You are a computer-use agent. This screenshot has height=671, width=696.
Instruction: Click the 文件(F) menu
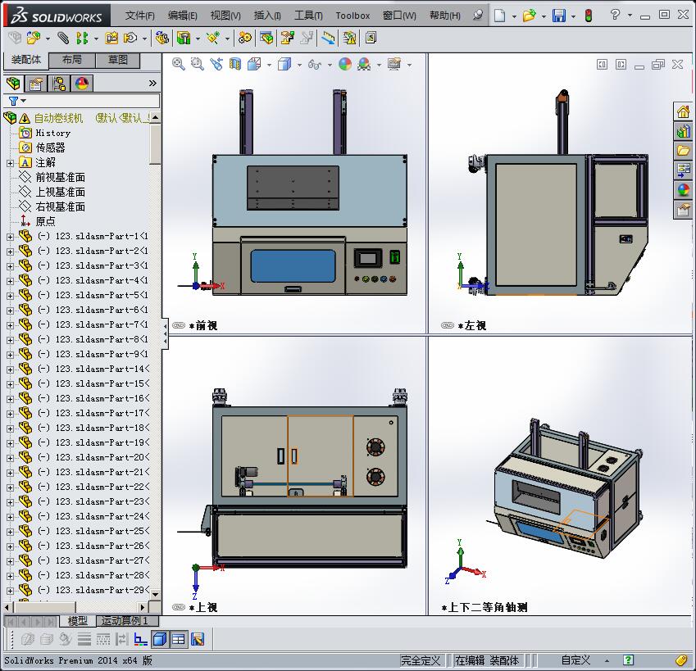tap(139, 16)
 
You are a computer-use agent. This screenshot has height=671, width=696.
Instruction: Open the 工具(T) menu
tap(308, 16)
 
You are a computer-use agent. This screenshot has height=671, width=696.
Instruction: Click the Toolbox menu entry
tap(353, 16)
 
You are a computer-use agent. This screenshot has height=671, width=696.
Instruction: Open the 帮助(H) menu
tap(445, 16)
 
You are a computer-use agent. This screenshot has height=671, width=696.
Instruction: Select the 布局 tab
tap(72, 60)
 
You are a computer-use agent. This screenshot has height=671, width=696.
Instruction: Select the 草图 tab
tap(118, 60)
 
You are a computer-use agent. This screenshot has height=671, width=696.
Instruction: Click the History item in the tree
tap(52, 133)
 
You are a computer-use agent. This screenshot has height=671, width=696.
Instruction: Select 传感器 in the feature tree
tap(50, 147)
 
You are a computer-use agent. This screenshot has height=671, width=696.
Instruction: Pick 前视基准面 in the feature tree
tap(60, 177)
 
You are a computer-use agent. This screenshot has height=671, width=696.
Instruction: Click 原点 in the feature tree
tap(45, 221)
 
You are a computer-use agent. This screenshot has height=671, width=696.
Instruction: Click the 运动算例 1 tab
tap(124, 621)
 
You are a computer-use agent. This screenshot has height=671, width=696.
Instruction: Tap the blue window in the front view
tap(293, 265)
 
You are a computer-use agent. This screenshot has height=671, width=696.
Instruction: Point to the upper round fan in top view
tap(375, 447)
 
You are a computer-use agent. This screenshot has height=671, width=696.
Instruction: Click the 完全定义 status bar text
tap(421, 660)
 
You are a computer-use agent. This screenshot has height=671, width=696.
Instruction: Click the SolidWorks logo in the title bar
tap(57, 16)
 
